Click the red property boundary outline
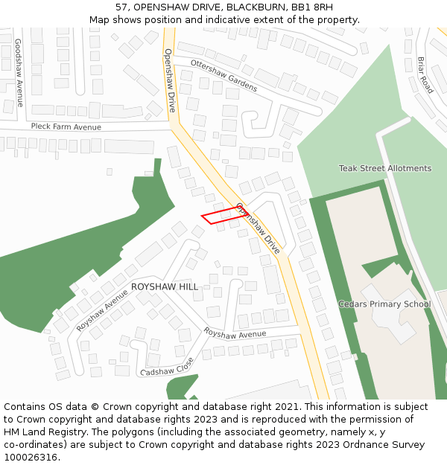pos(222,215)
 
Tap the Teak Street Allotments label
pos(384,168)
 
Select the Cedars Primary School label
pos(384,304)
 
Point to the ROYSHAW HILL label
pos(165,286)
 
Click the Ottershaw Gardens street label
pos(223,74)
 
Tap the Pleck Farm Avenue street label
pos(66,126)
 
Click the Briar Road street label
pos(425,74)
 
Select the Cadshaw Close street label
pos(167,367)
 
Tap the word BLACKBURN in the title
pos(253,7)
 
